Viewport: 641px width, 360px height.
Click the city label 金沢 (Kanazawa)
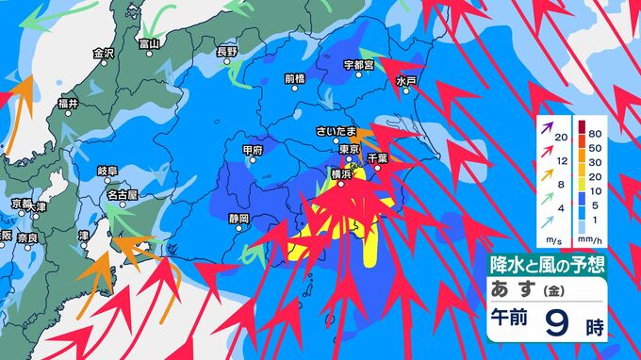[104, 54]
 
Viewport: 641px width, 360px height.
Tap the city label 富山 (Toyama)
[149, 43]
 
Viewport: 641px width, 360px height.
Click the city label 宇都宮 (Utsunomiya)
[359, 65]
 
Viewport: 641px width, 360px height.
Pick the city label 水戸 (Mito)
[406, 82]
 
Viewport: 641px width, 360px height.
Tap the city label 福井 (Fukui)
[67, 103]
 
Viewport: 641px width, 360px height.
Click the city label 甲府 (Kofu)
[252, 150]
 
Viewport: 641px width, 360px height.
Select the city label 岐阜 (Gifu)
[107, 171]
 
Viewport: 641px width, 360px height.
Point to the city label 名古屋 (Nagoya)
[122, 194]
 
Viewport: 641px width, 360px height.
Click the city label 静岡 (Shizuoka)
[238, 218]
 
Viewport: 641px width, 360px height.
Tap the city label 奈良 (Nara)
[28, 237]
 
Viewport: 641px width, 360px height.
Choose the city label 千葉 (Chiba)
[377, 158]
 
